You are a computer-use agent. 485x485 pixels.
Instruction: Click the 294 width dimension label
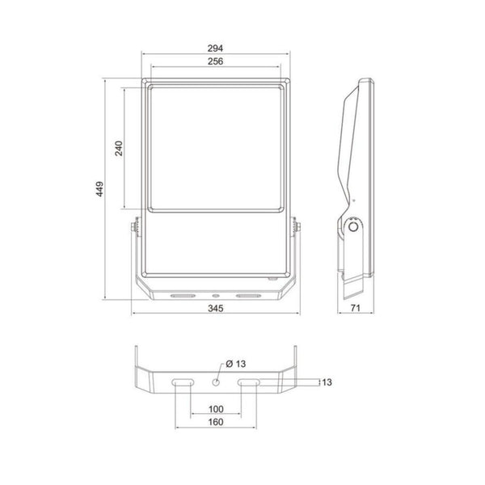215,48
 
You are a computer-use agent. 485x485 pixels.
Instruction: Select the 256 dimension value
215,61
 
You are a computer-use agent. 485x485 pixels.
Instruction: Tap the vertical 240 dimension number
119,148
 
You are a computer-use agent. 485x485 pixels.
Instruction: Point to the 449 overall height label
99,188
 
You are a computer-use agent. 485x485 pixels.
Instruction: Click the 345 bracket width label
215,308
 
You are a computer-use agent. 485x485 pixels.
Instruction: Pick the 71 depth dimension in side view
356,308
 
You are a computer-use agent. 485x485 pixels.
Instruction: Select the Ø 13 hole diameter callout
236,364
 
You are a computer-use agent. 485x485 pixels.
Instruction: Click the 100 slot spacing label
216,409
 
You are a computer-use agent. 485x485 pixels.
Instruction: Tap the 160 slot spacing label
216,422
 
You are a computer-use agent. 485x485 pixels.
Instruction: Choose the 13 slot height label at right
327,382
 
